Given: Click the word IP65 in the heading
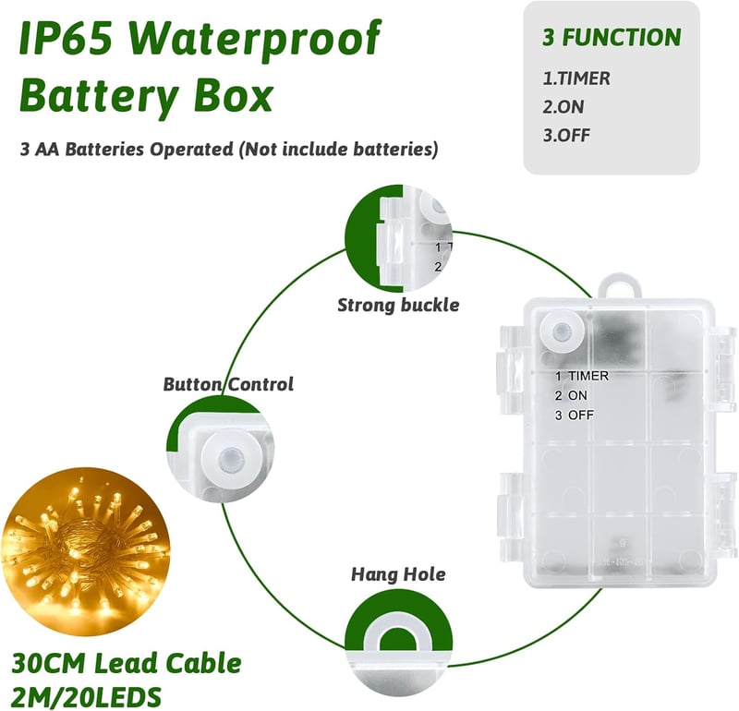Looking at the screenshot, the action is (66, 38).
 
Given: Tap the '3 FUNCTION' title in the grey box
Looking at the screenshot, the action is (612, 37).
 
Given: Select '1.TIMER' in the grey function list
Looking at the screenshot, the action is (575, 78).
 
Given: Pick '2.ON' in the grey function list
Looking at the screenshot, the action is (563, 107).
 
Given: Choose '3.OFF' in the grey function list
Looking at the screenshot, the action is (566, 135).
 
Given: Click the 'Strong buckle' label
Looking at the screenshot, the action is (398, 306).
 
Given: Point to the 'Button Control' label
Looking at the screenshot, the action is (228, 384).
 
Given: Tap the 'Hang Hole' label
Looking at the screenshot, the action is (398, 574).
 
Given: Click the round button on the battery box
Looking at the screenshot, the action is (563, 330).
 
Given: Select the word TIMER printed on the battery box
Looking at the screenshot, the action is (588, 376).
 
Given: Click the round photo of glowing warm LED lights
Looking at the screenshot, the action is (85, 552).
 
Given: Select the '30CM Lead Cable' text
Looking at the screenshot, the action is (127, 663).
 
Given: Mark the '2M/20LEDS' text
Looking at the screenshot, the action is (86, 696).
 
